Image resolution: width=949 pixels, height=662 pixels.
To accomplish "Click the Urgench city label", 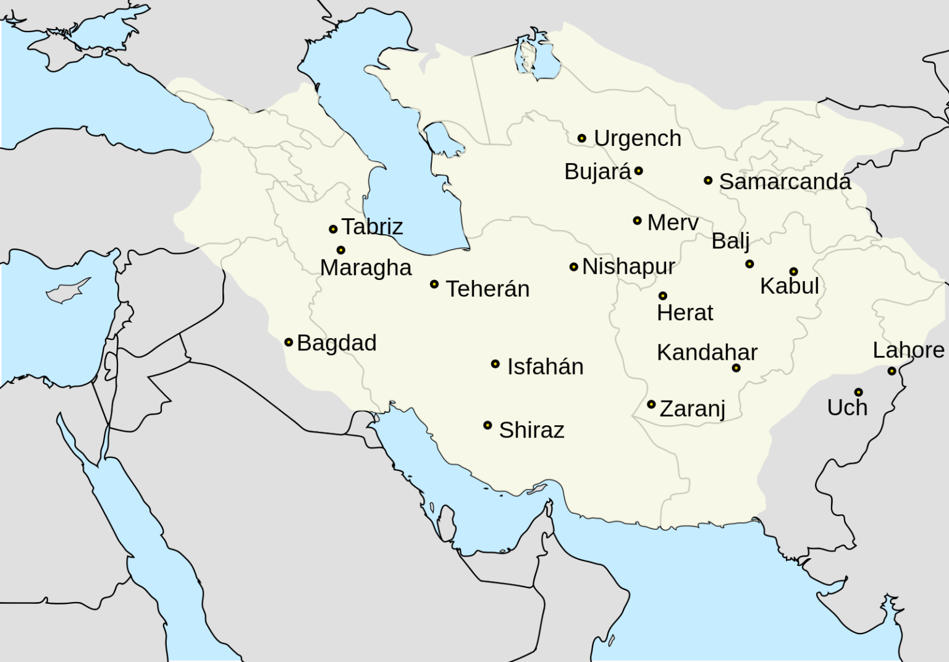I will point(637,138).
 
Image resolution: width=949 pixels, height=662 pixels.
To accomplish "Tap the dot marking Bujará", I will point(639,171).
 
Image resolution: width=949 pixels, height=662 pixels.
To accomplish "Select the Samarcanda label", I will point(785,182).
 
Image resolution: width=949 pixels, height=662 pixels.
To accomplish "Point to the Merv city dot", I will point(638,221).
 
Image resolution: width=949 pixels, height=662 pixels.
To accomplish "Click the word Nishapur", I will point(628,266).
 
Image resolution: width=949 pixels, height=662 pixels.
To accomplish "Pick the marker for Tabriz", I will point(333,229).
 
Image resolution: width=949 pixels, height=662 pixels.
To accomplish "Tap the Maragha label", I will point(366,268).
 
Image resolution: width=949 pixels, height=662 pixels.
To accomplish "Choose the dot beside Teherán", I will point(434,284).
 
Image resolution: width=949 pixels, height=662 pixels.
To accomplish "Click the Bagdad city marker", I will point(289,342).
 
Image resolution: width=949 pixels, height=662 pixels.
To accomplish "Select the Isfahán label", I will point(545,367).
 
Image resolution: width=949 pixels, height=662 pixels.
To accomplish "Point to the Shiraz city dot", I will point(487,425).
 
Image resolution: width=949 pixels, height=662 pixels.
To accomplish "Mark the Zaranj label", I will point(692,409).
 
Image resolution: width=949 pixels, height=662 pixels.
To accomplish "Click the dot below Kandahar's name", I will point(736,368).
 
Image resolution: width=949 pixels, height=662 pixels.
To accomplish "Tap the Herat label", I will point(685,313).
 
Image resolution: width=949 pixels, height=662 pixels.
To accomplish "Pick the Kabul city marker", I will point(793,271).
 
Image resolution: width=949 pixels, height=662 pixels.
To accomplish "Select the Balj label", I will point(730,241).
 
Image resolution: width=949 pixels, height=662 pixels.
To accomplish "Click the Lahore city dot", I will point(892,371).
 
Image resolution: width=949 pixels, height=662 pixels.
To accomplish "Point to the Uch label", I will point(847,408).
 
